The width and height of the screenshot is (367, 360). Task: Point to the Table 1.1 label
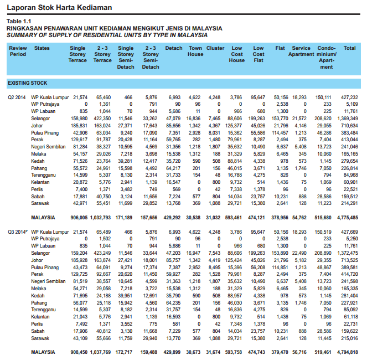coord(18,22)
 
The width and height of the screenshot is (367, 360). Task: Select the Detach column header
coord(173,49)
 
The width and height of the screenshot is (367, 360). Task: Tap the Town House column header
coord(195,52)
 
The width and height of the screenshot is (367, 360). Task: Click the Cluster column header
coord(215,49)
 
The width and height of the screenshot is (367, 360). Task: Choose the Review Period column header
coord(18,52)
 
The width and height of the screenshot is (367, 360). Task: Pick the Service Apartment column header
coord(301,52)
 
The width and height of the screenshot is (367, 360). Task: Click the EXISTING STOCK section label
coord(27,83)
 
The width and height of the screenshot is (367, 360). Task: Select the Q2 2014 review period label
coord(17,97)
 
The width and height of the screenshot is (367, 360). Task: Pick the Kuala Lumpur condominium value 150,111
coord(323,97)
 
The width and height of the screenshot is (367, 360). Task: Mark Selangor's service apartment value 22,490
coord(300,253)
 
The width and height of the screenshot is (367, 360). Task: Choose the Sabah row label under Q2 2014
coord(38,196)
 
